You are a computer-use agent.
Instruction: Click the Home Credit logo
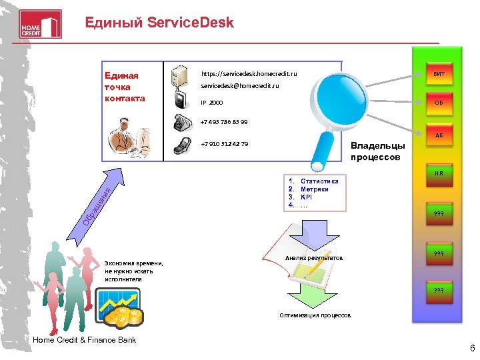click(x=41, y=23)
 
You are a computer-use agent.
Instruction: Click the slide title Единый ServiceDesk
click(x=159, y=23)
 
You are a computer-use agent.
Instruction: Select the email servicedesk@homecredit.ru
click(x=240, y=86)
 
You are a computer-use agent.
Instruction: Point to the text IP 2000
click(x=213, y=103)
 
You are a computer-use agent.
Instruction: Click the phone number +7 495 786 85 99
click(x=223, y=122)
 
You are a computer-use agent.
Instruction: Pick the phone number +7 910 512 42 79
click(x=224, y=143)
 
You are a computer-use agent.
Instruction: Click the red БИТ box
click(x=439, y=73)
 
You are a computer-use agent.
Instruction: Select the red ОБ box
click(x=439, y=103)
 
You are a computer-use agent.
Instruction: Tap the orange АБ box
click(x=439, y=135)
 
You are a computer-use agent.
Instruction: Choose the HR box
click(x=439, y=173)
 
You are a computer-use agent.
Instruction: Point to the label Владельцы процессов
click(x=377, y=152)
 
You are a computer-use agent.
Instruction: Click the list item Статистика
click(x=319, y=181)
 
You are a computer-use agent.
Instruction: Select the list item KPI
click(x=307, y=197)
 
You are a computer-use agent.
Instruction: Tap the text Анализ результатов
click(x=313, y=257)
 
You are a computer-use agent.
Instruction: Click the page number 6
click(x=472, y=348)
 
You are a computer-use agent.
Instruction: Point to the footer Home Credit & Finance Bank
click(x=84, y=340)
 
